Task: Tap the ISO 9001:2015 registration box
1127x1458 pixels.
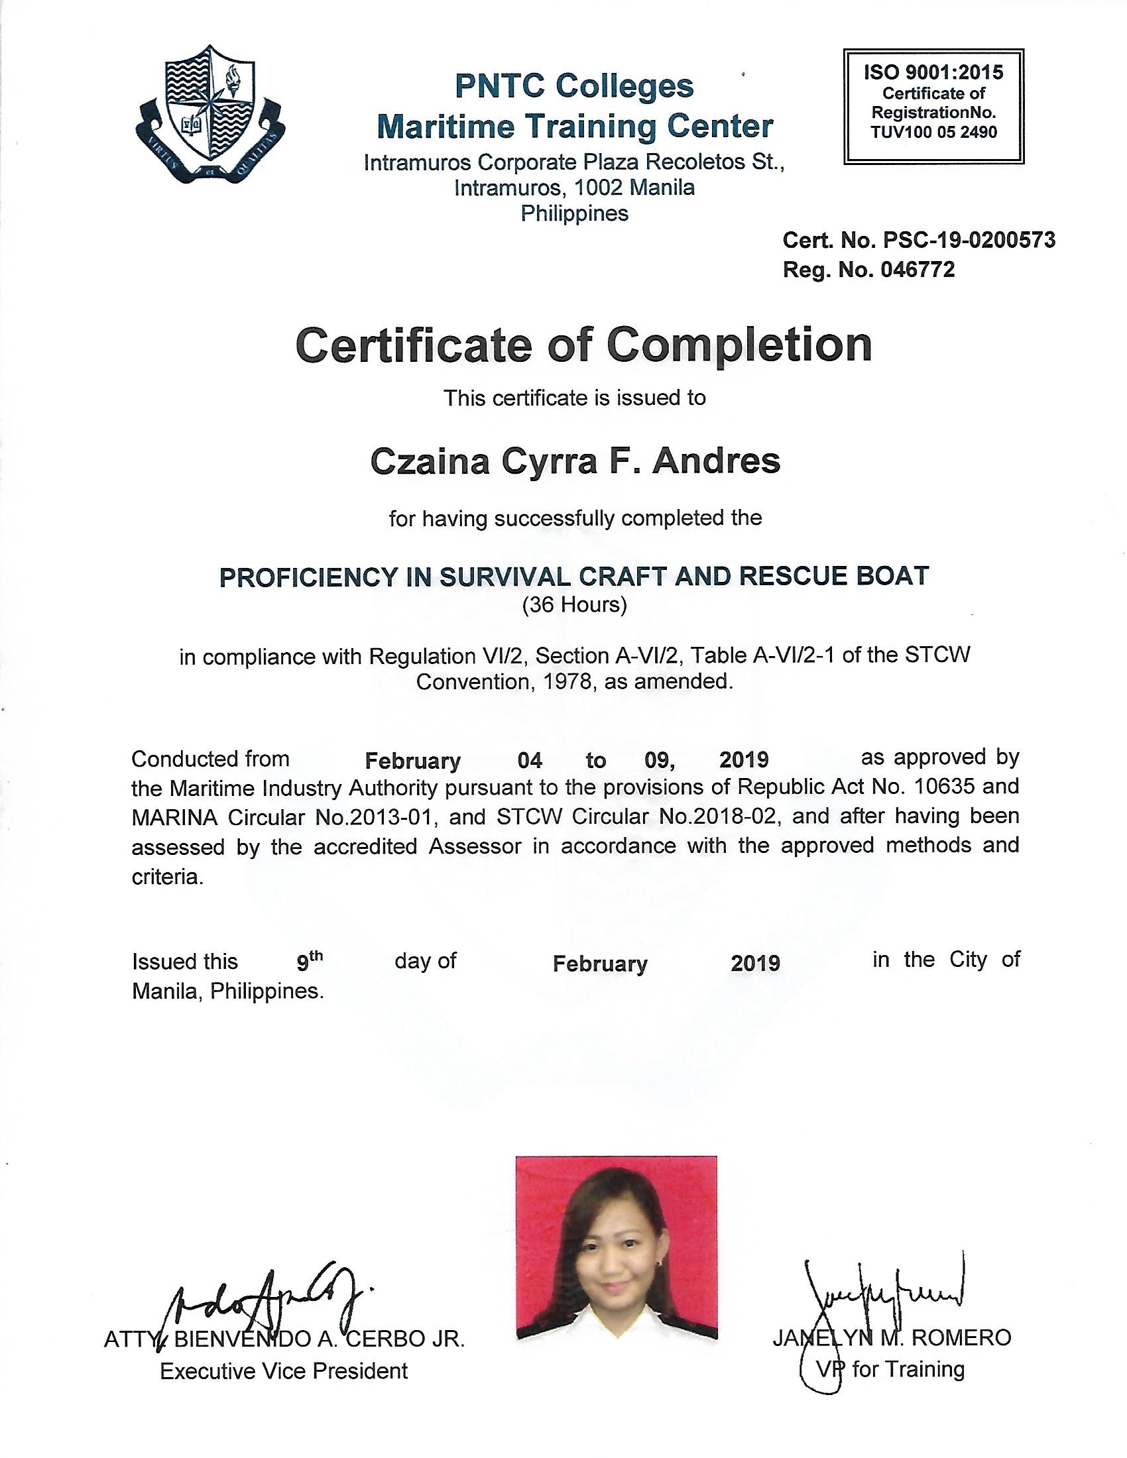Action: (x=933, y=106)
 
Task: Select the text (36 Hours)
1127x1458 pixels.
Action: (x=574, y=605)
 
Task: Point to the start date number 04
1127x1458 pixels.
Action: (x=530, y=760)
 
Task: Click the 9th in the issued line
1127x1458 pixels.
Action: (x=309, y=961)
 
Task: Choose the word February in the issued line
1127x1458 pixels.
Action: (x=599, y=964)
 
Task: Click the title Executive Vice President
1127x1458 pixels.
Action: (x=284, y=1371)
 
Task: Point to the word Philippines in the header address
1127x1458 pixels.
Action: (x=574, y=213)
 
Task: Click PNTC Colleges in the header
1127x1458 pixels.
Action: (x=574, y=86)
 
